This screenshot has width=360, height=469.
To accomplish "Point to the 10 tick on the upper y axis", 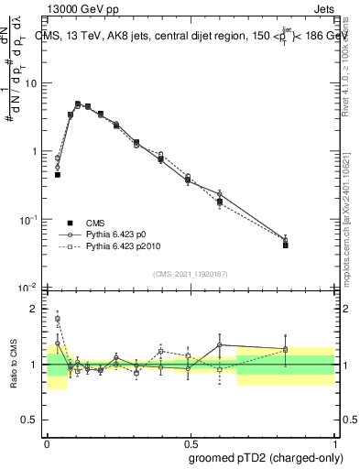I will click(33, 83).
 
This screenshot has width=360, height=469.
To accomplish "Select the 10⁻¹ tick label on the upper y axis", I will click(30, 220).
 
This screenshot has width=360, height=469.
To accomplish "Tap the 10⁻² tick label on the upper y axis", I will click(30, 288).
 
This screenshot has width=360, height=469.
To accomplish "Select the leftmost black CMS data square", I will click(58, 174).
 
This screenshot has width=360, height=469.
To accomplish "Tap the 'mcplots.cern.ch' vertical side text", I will click(345, 229).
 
